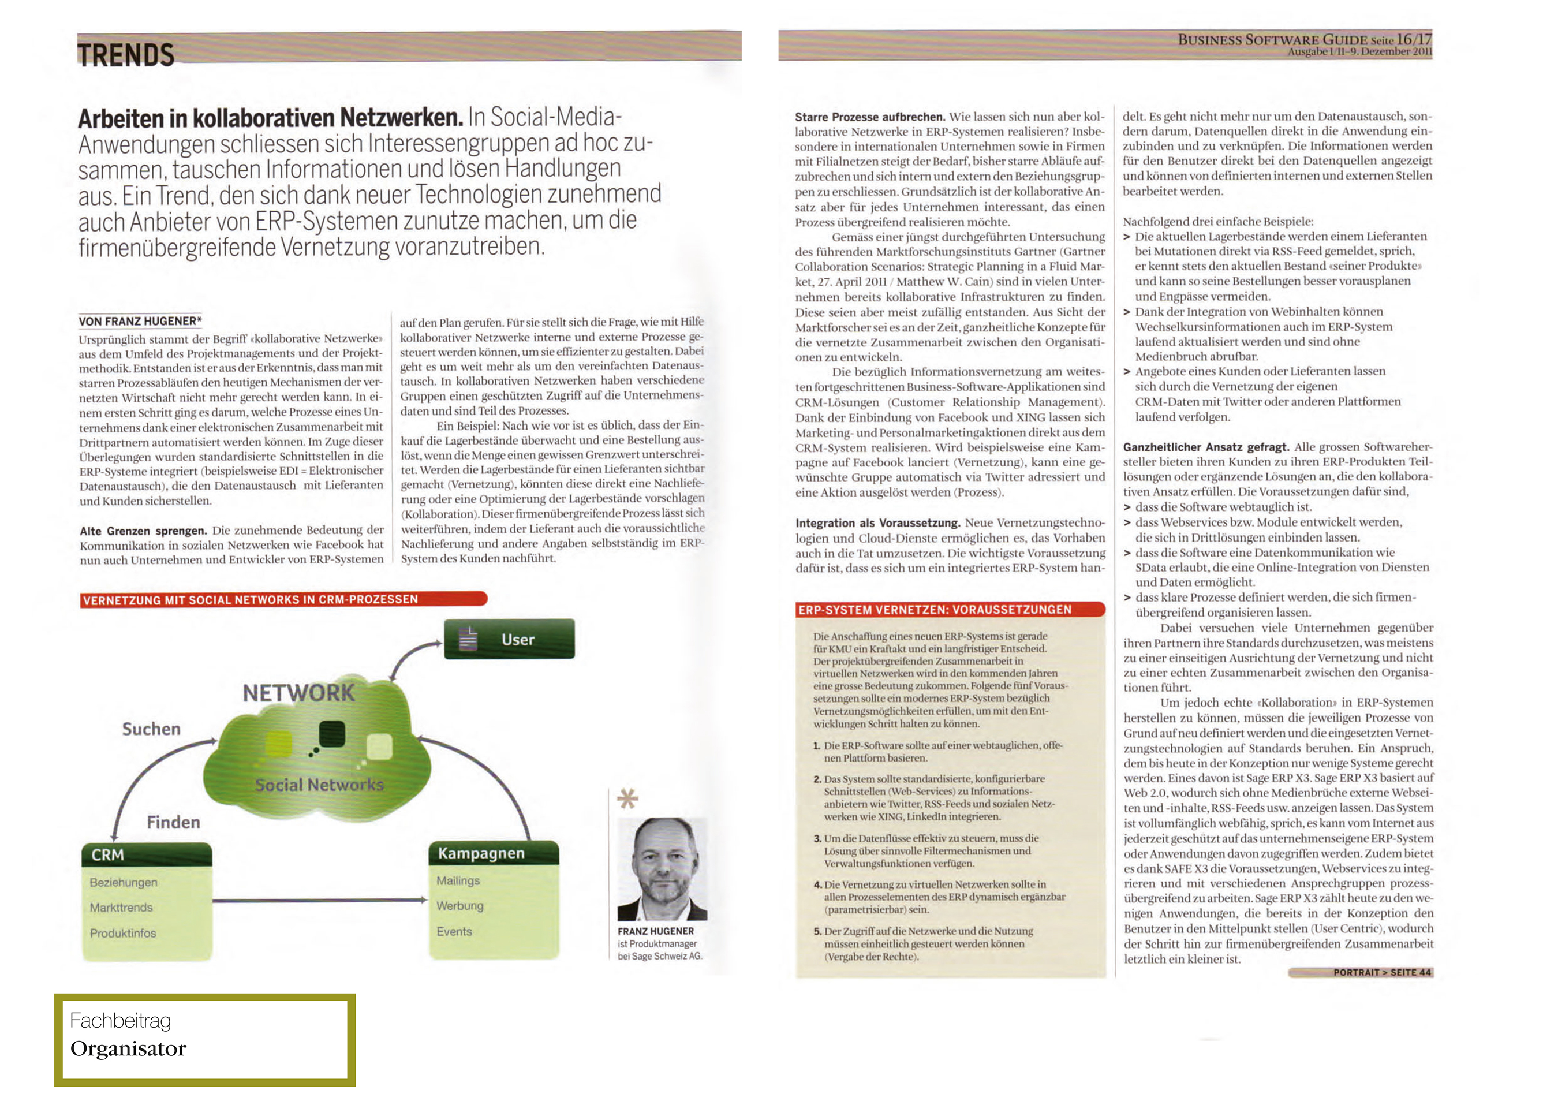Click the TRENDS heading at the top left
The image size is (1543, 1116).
tap(126, 54)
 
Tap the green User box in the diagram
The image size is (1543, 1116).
tap(509, 639)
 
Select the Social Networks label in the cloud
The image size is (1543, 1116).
tap(319, 785)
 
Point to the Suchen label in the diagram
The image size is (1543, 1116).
tap(151, 729)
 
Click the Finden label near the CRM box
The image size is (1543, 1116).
tap(174, 822)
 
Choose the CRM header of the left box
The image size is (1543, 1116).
tap(108, 854)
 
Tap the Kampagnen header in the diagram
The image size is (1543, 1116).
tap(481, 853)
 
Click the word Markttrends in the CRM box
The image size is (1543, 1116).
tap(121, 907)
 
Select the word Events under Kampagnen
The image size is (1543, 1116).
tap(454, 931)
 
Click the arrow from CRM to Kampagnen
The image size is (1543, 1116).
tap(320, 900)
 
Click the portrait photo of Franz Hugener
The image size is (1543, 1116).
tap(662, 869)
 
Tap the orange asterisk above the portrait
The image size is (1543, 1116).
tap(626, 798)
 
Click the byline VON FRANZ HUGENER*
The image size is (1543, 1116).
tap(140, 321)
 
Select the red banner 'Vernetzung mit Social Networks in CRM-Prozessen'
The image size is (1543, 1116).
tap(283, 599)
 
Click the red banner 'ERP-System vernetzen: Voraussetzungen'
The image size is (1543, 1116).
tap(950, 610)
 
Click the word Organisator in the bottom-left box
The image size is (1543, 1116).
tap(128, 1048)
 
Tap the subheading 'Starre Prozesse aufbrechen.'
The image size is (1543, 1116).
tap(869, 117)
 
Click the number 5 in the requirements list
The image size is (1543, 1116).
tap(817, 931)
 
